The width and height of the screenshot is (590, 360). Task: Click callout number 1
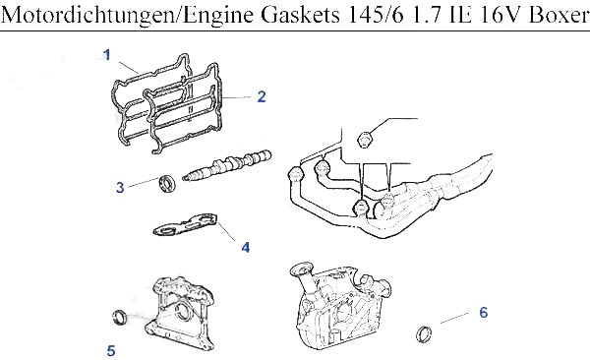(x=107, y=55)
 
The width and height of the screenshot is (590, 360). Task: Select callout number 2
(x=262, y=96)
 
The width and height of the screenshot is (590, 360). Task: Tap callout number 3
(x=120, y=187)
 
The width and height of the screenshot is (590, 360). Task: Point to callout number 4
(x=245, y=248)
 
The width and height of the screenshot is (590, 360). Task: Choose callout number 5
(x=110, y=350)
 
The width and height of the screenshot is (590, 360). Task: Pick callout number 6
(x=484, y=312)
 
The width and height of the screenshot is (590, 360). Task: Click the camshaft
(x=227, y=165)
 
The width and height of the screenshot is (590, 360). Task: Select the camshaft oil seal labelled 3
(x=167, y=183)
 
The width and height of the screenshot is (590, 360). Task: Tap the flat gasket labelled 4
(x=185, y=224)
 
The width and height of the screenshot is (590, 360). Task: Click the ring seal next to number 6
(x=424, y=334)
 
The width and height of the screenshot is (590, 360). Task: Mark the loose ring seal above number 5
(x=120, y=317)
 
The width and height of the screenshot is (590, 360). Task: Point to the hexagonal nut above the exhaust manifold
(x=365, y=140)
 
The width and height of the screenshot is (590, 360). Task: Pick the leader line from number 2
(x=236, y=97)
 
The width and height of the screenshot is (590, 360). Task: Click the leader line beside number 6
(x=454, y=318)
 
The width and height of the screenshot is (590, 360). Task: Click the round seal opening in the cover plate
(x=183, y=311)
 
